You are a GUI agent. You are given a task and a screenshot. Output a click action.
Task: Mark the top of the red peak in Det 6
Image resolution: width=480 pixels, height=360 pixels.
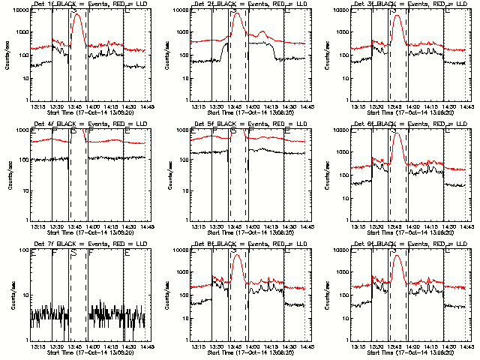pyautogui.click(x=397, y=134)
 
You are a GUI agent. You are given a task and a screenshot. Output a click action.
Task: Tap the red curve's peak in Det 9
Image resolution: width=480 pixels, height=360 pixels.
pyautogui.click(x=397, y=254)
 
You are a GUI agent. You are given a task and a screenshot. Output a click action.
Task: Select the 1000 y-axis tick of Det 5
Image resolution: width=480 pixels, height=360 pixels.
pyautogui.click(x=183, y=130)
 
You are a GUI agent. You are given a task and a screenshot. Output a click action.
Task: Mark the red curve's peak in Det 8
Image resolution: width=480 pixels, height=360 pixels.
pyautogui.click(x=238, y=254)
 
